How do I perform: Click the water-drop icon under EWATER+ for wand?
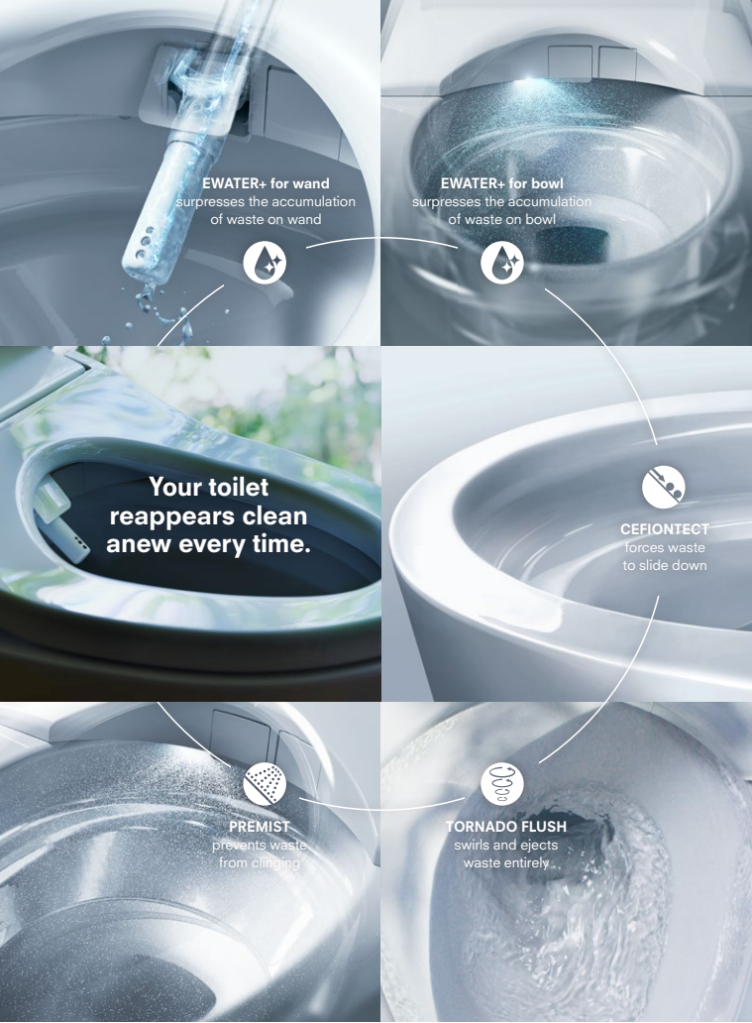[265, 263]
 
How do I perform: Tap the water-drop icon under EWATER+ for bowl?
[502, 263]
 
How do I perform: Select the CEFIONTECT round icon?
[663, 486]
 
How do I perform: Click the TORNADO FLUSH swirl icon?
[502, 783]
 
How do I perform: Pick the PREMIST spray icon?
[265, 783]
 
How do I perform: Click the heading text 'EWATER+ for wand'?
[266, 183]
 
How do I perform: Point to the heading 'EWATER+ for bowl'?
[502, 183]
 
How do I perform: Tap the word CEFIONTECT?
[664, 529]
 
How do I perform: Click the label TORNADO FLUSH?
[506, 827]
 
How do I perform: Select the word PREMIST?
[259, 827]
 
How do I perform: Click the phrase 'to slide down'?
[665, 565]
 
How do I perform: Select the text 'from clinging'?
[260, 862]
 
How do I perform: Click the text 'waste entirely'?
[506, 862]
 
